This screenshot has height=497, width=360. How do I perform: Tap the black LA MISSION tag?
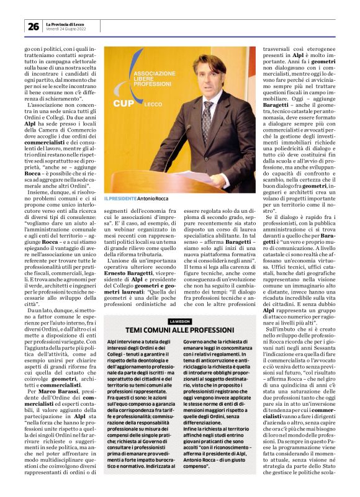pyautogui.click(x=180, y=320)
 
